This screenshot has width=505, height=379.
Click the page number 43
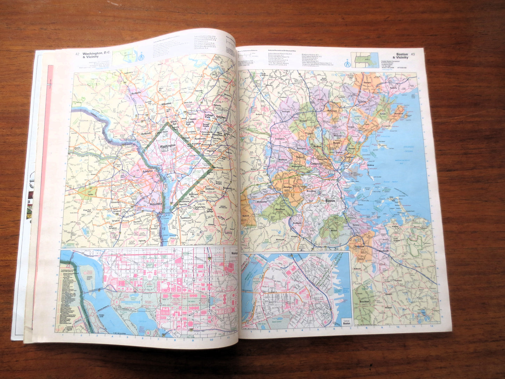tap(413, 54)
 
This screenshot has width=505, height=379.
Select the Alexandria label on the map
tap(156, 203)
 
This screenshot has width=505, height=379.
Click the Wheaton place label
tap(166, 104)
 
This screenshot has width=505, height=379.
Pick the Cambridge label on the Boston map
tap(317, 163)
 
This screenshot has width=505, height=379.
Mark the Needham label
tap(280, 209)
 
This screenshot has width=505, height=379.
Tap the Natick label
tap(246, 216)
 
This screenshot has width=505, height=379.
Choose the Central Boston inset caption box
tap(346, 322)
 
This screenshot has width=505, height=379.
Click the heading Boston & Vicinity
tap(402, 56)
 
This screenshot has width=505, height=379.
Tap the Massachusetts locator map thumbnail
tap(365, 60)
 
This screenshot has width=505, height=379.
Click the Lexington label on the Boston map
tap(280, 139)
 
